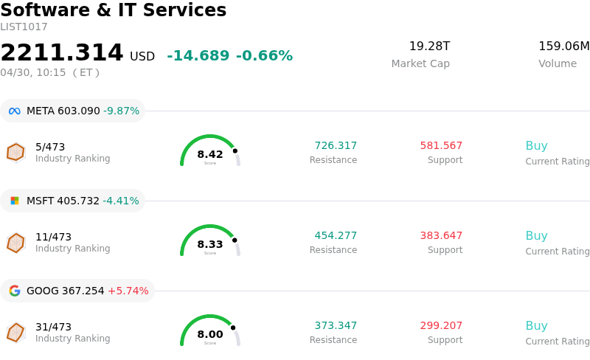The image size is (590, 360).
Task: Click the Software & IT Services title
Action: [x=114, y=10]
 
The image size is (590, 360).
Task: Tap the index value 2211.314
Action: [x=62, y=53]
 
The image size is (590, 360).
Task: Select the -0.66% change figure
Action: [x=264, y=56]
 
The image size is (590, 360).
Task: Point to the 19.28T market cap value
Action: [x=429, y=46]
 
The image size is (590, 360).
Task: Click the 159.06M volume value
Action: [x=563, y=46]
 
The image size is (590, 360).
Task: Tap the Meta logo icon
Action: [x=15, y=111]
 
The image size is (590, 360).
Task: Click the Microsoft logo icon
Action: [x=15, y=201]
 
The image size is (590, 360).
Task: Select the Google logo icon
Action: [x=15, y=291]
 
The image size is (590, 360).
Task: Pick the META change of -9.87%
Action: [x=121, y=111]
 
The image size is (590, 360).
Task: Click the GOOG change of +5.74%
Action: [x=128, y=291]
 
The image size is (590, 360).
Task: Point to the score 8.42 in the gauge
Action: [x=210, y=154]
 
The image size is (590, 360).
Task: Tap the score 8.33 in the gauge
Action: [x=210, y=244]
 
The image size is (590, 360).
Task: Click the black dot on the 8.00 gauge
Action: [x=233, y=328]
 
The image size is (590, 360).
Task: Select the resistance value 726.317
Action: [x=336, y=146]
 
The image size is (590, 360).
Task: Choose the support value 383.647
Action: [x=441, y=236]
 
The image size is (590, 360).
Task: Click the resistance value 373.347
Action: [x=336, y=326]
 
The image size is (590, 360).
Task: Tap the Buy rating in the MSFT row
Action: [x=536, y=236]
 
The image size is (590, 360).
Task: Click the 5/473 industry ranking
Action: [x=50, y=147]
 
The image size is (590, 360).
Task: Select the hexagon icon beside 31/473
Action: [x=15, y=333]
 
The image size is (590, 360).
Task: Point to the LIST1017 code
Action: [x=24, y=27]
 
